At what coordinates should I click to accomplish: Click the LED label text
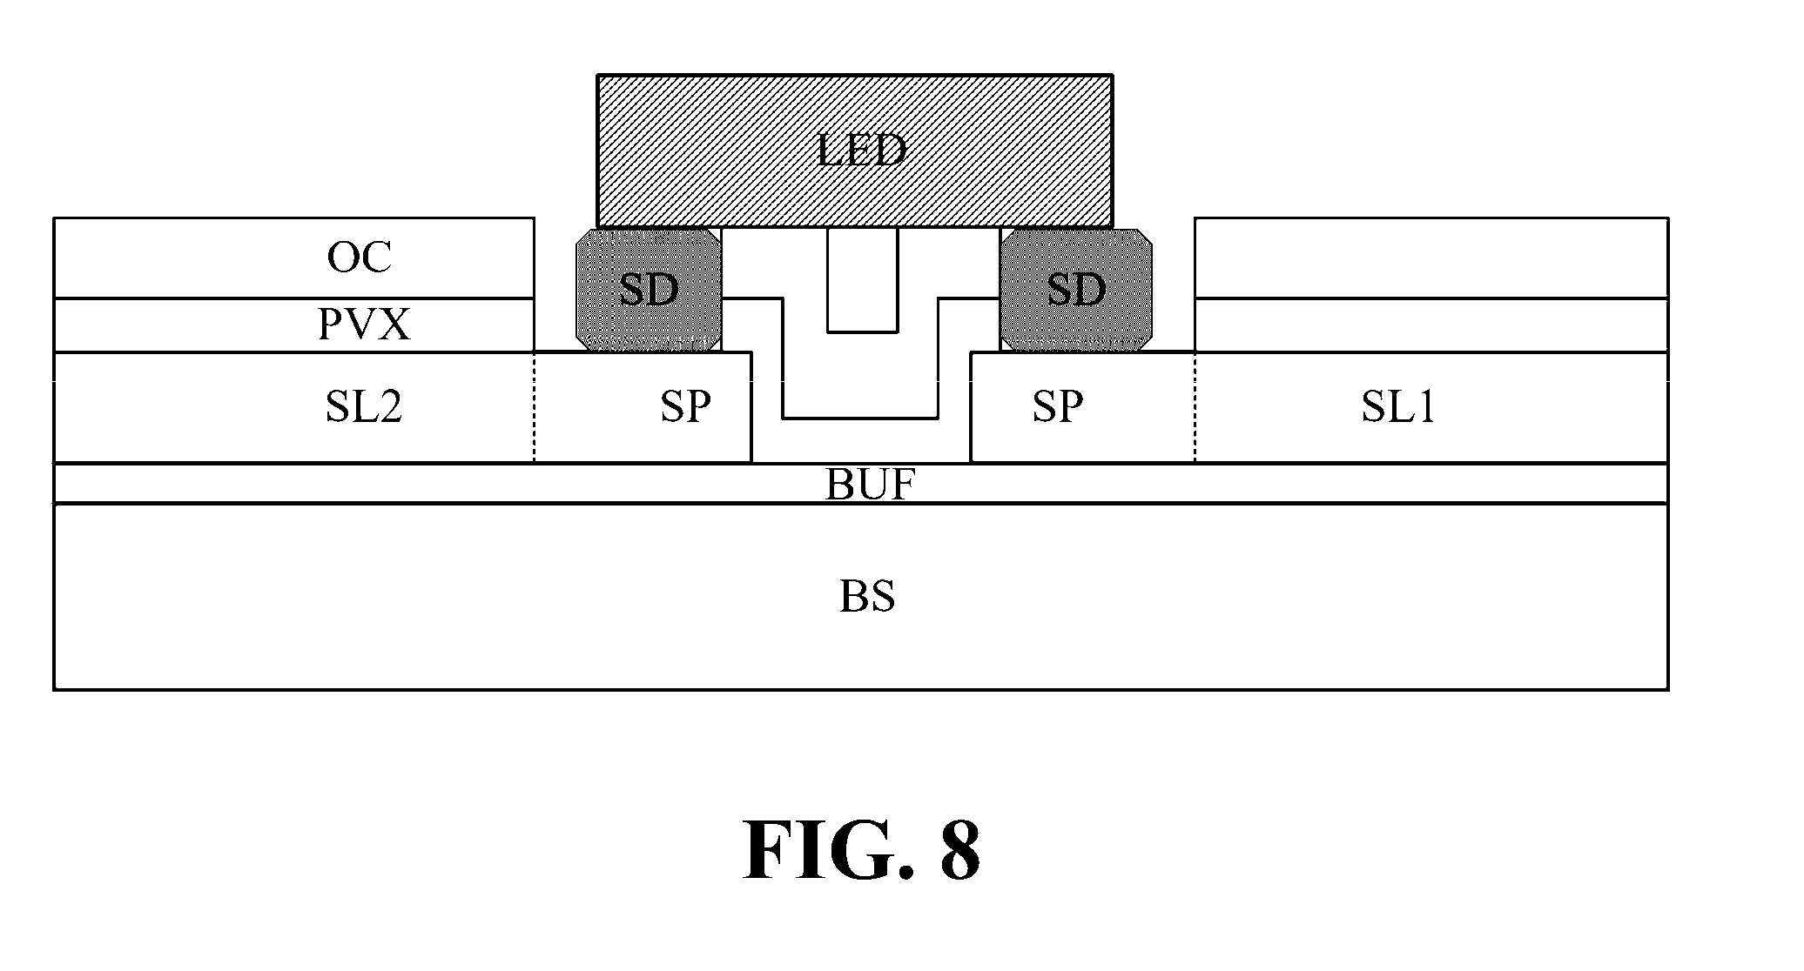pyautogui.click(x=862, y=151)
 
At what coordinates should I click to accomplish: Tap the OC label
pyautogui.click(x=360, y=258)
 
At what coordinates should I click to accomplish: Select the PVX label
pyautogui.click(x=364, y=325)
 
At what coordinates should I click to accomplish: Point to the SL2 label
pyautogui.click(x=364, y=406)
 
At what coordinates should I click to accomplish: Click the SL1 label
pyautogui.click(x=1398, y=406)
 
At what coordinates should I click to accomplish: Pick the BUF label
pyautogui.click(x=870, y=485)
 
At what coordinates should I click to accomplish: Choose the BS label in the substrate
pyautogui.click(x=867, y=597)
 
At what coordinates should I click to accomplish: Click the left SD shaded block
pyautogui.click(x=649, y=290)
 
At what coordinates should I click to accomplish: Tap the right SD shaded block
pyautogui.click(x=1076, y=290)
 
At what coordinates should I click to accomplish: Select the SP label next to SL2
pyautogui.click(x=685, y=406)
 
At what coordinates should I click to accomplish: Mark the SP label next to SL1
pyautogui.click(x=1058, y=406)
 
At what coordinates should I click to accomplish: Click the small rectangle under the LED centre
pyautogui.click(x=862, y=280)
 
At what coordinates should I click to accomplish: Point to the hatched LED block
pyautogui.click(x=855, y=151)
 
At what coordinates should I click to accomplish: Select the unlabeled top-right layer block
pyautogui.click(x=1431, y=258)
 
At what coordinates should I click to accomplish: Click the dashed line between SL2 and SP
pyautogui.click(x=534, y=406)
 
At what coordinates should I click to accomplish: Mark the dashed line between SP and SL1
pyautogui.click(x=1195, y=406)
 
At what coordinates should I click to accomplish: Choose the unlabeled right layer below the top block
pyautogui.click(x=1431, y=325)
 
